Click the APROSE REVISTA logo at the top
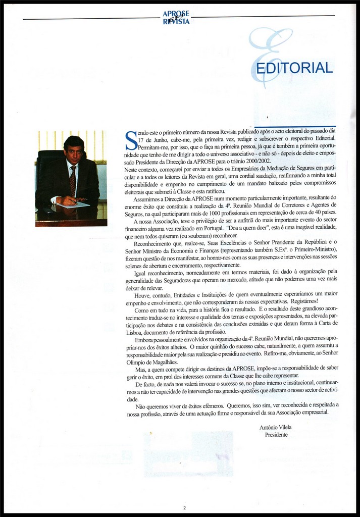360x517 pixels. [176, 18]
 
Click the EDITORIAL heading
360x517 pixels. [294, 68]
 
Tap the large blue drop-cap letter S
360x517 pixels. [130, 140]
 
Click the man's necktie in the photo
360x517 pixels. [73, 181]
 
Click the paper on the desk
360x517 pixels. [73, 204]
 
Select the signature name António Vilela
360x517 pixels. [275, 427]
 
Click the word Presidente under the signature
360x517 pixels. [276, 435]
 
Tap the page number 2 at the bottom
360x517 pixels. [185, 507]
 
